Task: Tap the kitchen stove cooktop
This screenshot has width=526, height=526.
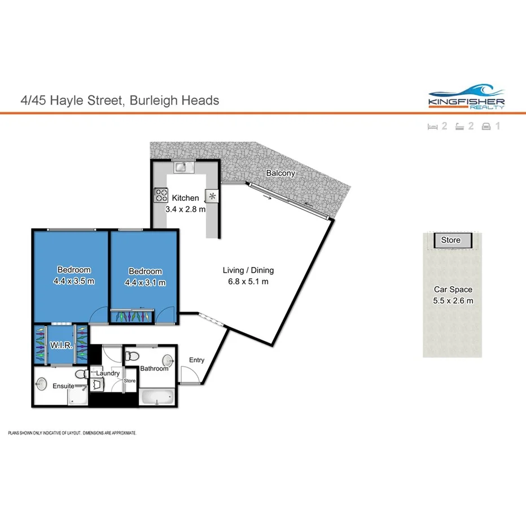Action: pos(161,195)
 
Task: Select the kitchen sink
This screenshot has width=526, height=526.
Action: pos(182,166)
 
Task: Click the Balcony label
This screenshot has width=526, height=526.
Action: pos(280,173)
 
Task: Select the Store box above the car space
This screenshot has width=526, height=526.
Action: pos(450,240)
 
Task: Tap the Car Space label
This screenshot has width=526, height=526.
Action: pos(453,290)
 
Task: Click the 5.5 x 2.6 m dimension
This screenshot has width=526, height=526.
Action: pos(453,300)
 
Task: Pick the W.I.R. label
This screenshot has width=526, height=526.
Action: pos(60,345)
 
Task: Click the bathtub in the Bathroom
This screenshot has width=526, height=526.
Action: pos(156,397)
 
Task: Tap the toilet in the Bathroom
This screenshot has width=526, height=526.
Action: pos(131,356)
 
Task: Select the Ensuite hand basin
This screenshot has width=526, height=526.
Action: pos(41,384)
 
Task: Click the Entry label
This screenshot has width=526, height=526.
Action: pos(196,360)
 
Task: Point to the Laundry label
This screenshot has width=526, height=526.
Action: pos(107,373)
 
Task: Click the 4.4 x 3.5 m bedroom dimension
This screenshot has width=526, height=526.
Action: pos(74,280)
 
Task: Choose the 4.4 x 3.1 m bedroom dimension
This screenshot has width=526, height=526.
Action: pos(145,282)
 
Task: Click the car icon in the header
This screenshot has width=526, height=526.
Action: pos(486,126)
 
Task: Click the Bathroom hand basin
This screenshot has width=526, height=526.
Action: pos(169,360)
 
